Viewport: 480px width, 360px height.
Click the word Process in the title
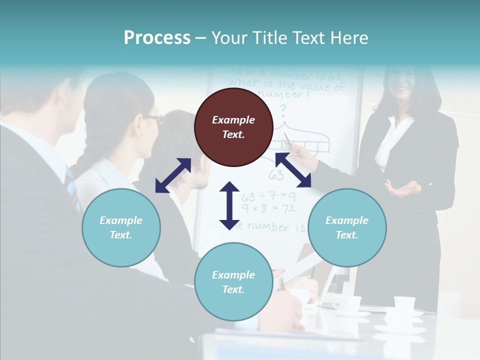click(157, 38)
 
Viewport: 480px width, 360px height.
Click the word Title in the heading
click(271, 38)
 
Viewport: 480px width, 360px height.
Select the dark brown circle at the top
click(233, 127)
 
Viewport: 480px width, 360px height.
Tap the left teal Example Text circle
click(121, 227)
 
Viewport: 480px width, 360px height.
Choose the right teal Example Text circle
click(347, 227)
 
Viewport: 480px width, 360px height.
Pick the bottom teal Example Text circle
click(233, 281)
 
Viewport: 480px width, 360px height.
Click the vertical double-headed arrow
click(229, 205)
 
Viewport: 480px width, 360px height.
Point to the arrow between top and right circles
click(293, 170)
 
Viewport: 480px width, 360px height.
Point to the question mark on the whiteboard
click(283, 108)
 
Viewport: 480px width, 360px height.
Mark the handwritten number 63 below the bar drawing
click(276, 175)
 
